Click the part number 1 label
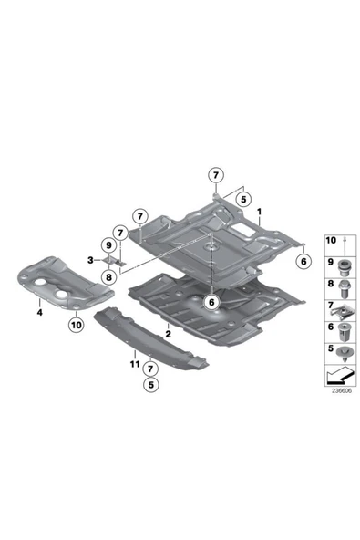259,212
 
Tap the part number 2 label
168,334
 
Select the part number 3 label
90,260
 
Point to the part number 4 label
40,313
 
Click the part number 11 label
135,364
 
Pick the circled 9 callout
108,246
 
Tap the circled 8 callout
108,277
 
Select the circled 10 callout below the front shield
77,325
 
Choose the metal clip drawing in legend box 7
343,312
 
